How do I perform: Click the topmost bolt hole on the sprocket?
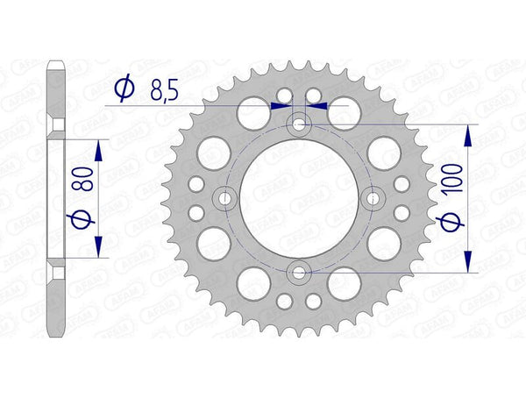click(x=299, y=125)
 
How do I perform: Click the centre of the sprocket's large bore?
click(x=299, y=198)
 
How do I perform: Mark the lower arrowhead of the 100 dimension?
click(x=469, y=261)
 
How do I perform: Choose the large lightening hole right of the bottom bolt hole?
click(x=343, y=283)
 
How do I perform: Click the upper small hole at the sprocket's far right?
click(x=402, y=183)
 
